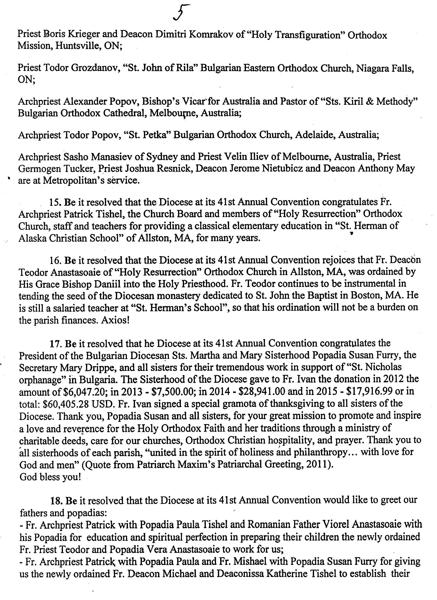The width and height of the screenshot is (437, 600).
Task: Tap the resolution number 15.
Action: pyautogui.click(x=54, y=202)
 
